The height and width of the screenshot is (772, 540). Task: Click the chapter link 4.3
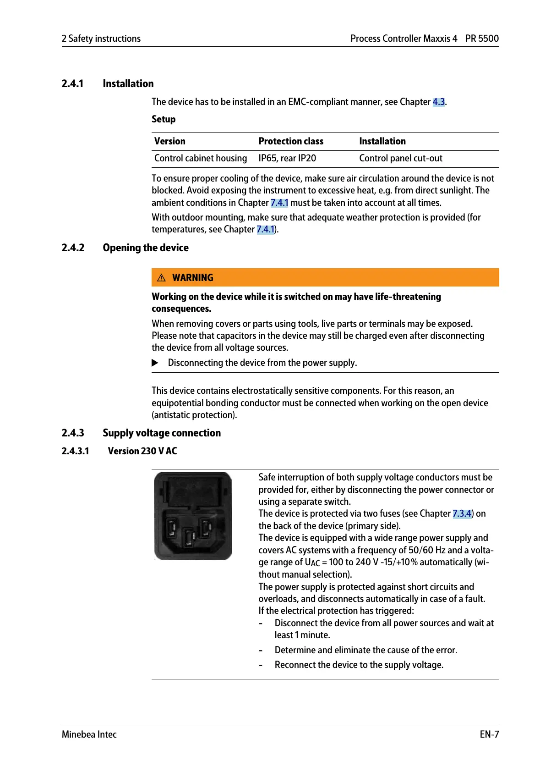tap(438, 102)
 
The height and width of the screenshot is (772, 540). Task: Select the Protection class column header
tap(291, 141)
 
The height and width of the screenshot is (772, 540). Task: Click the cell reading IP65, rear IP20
tap(287, 158)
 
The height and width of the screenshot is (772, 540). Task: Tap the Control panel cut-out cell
tap(401, 158)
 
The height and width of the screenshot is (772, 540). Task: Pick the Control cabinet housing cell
tap(201, 158)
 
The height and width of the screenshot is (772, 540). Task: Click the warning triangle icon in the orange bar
tap(161, 278)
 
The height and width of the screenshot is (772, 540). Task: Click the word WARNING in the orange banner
tap(193, 278)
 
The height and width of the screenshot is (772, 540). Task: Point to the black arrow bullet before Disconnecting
tap(155, 363)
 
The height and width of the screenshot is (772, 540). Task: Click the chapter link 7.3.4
tap(462, 513)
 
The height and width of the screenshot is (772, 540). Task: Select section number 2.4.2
tap(73, 248)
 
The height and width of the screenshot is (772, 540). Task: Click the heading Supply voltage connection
tap(162, 433)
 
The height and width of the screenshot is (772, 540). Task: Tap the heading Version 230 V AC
tap(142, 451)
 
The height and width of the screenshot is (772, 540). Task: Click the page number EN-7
tap(489, 734)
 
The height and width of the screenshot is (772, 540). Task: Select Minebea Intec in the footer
tap(89, 734)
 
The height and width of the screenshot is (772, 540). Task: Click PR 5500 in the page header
tap(482, 39)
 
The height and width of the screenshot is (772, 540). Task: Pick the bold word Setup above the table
tap(164, 119)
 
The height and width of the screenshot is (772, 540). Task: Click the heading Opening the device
tap(146, 248)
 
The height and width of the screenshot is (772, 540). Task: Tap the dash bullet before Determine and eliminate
tap(261, 651)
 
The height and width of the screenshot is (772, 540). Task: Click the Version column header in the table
tap(170, 141)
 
